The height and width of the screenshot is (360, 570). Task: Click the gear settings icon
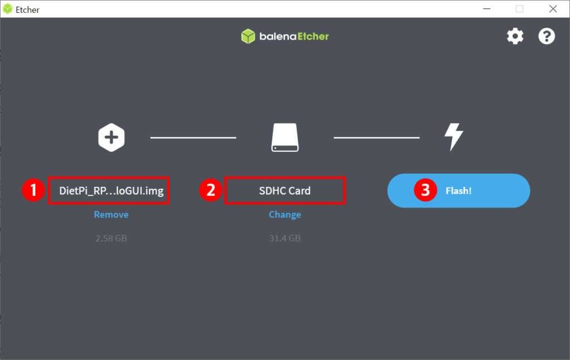[515, 36]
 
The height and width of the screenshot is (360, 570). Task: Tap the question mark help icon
[547, 36]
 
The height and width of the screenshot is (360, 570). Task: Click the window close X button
[553, 9]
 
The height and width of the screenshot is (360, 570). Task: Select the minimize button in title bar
[487, 9]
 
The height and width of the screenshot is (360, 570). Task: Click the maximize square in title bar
[519, 9]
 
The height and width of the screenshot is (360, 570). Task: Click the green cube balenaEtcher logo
[248, 36]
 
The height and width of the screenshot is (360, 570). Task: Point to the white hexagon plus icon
[111, 137]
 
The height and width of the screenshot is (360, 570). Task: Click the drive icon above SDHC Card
[285, 137]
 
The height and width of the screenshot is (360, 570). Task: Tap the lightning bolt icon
[454, 136]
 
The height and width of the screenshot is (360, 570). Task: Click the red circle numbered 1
[33, 190]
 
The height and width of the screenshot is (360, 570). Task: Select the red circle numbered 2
[210, 190]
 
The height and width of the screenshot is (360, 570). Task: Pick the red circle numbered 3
[425, 190]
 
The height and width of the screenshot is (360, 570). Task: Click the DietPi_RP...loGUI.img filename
[111, 191]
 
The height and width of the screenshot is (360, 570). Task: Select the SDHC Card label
[284, 191]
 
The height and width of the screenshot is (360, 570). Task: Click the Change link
[284, 215]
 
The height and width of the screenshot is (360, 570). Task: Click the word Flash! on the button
[459, 191]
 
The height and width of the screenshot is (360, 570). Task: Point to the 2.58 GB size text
[111, 238]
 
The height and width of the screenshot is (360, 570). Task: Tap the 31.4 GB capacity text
[284, 238]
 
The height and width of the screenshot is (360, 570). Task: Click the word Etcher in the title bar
[27, 10]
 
